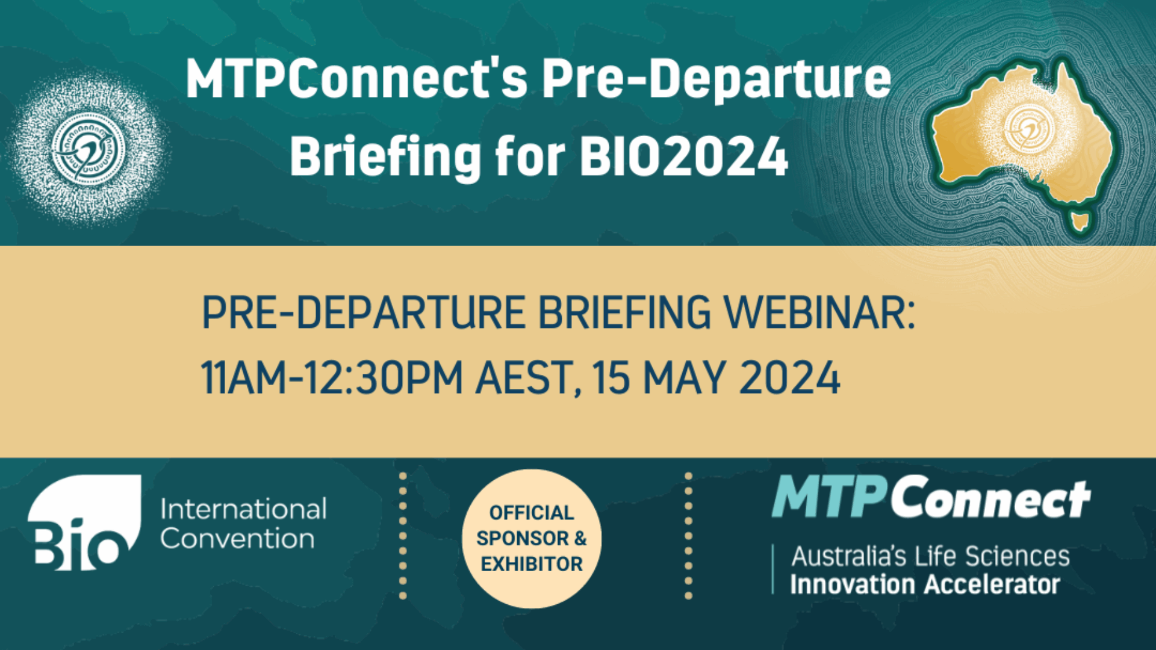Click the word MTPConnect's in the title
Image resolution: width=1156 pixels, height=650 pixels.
[357, 79]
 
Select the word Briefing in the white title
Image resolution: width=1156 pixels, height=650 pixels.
[385, 158]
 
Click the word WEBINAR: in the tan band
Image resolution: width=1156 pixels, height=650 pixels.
[819, 312]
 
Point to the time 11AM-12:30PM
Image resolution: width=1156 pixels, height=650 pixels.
[332, 377]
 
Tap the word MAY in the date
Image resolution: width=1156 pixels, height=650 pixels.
[685, 377]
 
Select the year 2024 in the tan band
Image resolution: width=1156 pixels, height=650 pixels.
[789, 377]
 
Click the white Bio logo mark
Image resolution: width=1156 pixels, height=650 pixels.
[84, 522]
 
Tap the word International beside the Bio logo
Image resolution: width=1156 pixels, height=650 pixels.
[243, 509]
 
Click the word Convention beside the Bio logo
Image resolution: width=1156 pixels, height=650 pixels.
[237, 539]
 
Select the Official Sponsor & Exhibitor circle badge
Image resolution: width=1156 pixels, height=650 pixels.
[532, 539]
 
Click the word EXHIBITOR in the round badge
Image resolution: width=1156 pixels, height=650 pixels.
[532, 564]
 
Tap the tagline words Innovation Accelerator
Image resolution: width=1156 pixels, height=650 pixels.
[925, 584]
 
